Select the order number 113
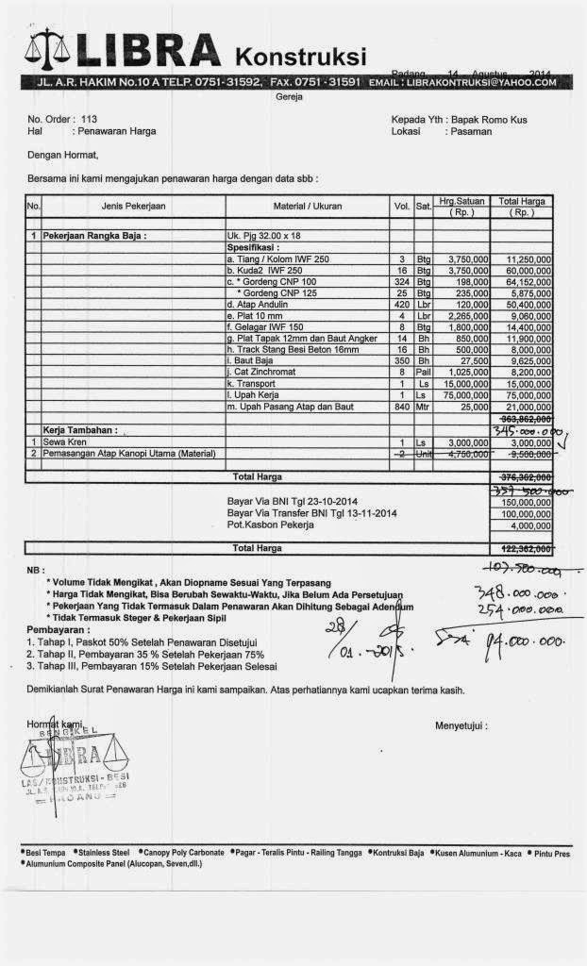(x=90, y=120)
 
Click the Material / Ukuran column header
(x=309, y=206)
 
